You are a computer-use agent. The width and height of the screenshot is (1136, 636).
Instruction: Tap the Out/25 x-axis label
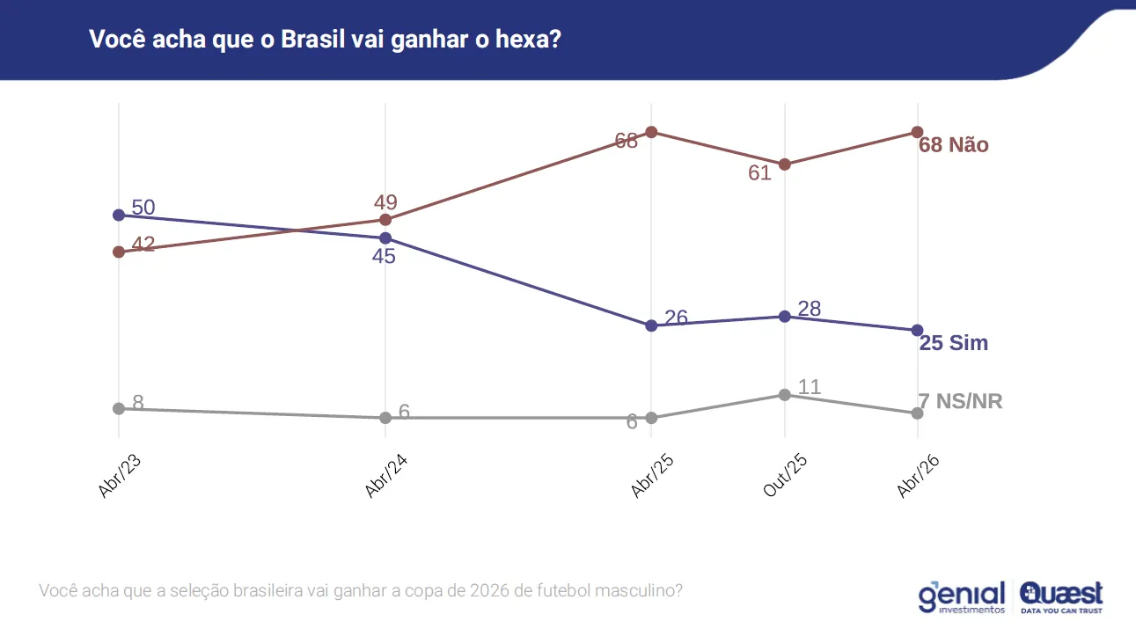click(785, 477)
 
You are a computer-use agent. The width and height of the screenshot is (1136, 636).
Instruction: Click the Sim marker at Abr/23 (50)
click(119, 215)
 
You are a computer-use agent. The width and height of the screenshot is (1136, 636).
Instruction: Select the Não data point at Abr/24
click(385, 219)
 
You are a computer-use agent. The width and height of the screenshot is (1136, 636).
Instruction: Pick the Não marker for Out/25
click(784, 164)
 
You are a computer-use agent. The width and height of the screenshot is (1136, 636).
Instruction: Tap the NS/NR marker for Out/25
click(784, 394)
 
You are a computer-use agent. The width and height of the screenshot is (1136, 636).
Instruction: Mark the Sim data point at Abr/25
click(651, 325)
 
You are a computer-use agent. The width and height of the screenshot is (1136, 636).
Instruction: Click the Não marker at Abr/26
click(917, 132)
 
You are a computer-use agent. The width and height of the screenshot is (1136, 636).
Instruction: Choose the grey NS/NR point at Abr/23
click(119, 408)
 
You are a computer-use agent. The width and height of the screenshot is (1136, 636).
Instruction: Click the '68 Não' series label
click(954, 146)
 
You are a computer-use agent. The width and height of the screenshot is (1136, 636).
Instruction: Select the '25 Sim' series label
click(954, 343)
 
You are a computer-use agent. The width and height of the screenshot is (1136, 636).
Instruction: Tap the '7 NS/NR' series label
click(961, 402)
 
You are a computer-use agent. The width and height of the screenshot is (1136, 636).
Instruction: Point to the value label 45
click(384, 257)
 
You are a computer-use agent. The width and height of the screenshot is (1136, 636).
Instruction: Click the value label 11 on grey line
click(809, 387)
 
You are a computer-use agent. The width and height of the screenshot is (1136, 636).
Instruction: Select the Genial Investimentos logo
click(962, 597)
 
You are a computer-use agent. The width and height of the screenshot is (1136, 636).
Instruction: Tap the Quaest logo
click(1062, 597)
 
